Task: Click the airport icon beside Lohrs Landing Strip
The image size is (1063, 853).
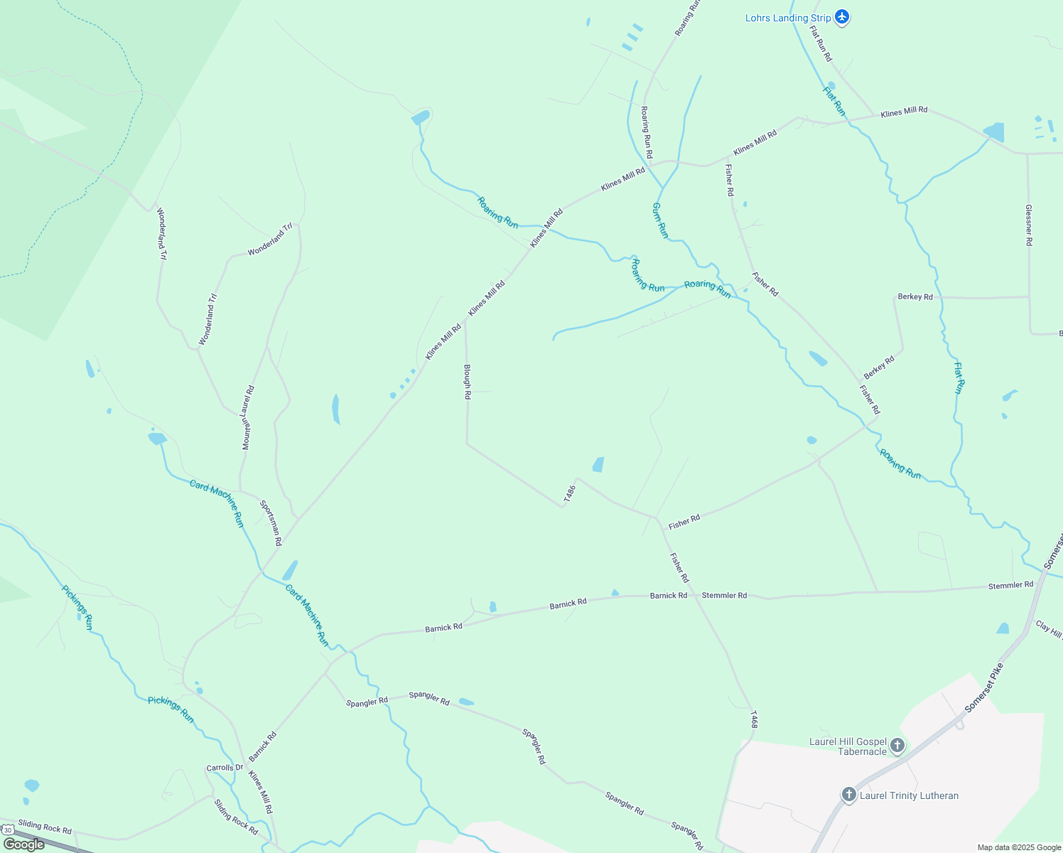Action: point(842,16)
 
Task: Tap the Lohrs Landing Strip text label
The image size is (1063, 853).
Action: point(787,18)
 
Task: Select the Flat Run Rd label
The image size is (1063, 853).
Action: point(821,44)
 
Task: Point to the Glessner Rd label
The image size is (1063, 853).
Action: point(1028,225)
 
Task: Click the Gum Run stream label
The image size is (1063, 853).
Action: point(660,220)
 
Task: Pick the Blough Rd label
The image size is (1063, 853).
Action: point(467,382)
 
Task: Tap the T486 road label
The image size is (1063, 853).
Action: point(568,495)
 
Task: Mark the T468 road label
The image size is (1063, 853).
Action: point(753,719)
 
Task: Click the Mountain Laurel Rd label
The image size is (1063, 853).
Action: point(248,417)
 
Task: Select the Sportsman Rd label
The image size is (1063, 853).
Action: point(271,522)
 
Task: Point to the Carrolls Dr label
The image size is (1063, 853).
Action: point(225,768)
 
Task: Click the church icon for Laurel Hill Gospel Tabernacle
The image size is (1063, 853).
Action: point(897,746)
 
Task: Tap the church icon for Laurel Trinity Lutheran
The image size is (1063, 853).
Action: point(848,795)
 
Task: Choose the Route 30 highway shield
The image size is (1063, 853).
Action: point(8,830)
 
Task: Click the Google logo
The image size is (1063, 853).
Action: point(23,844)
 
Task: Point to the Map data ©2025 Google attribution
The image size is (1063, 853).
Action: point(1018,847)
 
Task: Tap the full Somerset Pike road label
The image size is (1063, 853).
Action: point(985,688)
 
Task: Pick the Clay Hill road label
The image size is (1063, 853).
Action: point(1049,629)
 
